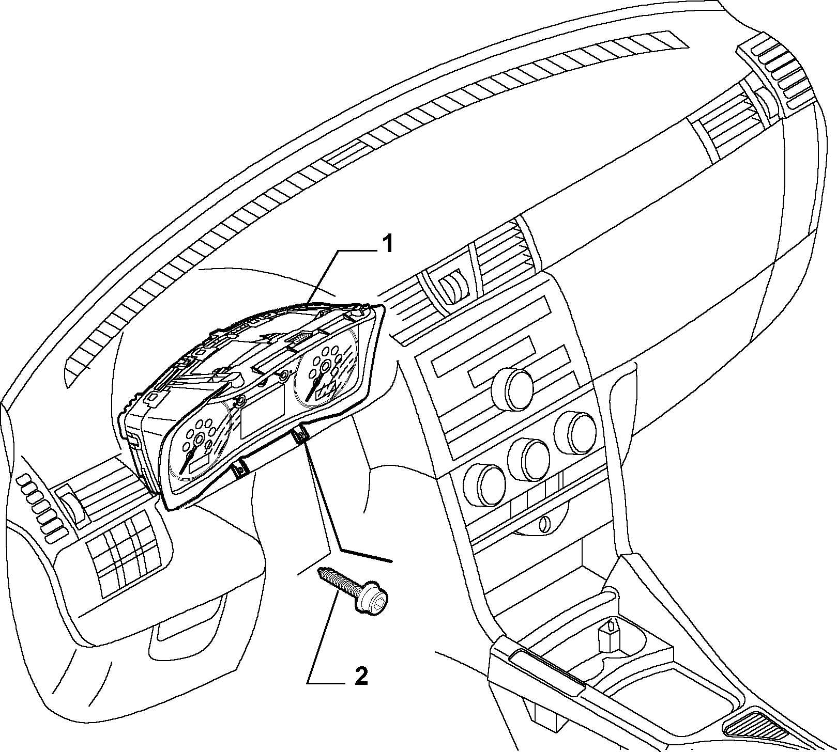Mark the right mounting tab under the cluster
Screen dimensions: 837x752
[299, 436]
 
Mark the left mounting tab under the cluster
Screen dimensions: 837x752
[240, 468]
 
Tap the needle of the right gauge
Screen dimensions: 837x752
[315, 385]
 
